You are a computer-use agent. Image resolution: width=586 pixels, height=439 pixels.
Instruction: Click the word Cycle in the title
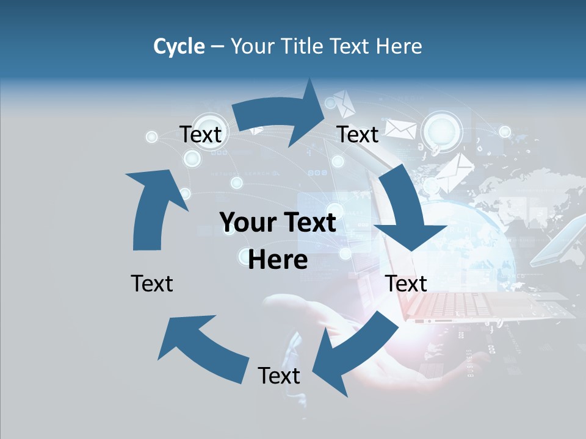[179, 46]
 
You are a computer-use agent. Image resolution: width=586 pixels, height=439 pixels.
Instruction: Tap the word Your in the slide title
[253, 46]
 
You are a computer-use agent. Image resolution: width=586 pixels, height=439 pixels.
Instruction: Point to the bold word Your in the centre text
[247, 223]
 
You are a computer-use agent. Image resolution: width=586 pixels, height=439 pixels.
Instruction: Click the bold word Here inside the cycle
[278, 260]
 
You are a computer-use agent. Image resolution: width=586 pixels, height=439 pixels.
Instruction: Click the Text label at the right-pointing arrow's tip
[358, 134]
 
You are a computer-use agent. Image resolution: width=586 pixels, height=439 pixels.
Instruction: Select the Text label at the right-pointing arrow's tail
[200, 134]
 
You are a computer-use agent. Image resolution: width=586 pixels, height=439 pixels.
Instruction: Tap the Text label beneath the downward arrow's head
[406, 284]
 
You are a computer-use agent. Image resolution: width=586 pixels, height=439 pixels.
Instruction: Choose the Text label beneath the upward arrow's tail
[152, 284]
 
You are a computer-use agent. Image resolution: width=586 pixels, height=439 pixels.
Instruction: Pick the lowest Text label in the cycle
[279, 376]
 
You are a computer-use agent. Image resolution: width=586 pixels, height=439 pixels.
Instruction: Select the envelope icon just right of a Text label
[400, 129]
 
